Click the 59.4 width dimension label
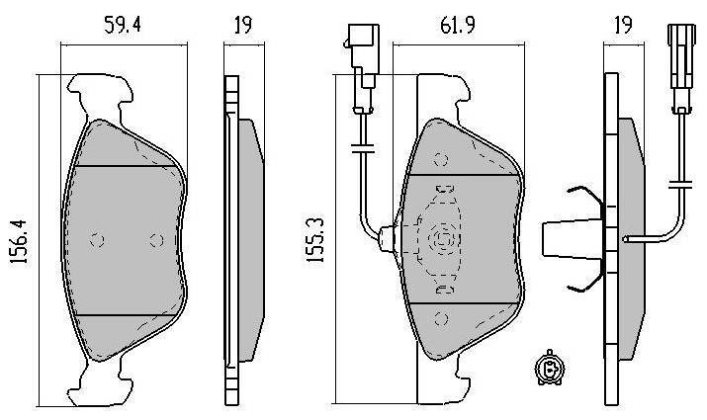pyautogui.click(x=123, y=25)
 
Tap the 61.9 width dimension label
pyautogui.click(x=458, y=25)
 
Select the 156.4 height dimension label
pyautogui.click(x=20, y=242)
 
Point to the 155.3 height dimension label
pyautogui.click(x=315, y=240)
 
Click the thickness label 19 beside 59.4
pyautogui.click(x=243, y=25)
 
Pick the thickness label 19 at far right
pyautogui.click(x=623, y=25)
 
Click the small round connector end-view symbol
pyautogui.click(x=549, y=369)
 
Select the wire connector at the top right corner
pyautogui.click(x=681, y=67)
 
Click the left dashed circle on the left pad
pyautogui.click(x=97, y=240)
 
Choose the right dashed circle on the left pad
pyautogui.click(x=157, y=240)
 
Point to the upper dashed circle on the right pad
pyautogui.click(x=441, y=159)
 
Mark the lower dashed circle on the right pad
pyautogui.click(x=441, y=318)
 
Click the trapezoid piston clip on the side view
pyautogui.click(x=573, y=240)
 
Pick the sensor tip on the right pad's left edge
pyautogui.click(x=386, y=239)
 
